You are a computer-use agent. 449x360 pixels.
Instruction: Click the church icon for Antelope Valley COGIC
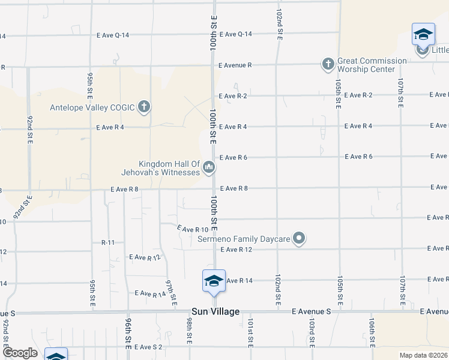pyautogui.click(x=143, y=107)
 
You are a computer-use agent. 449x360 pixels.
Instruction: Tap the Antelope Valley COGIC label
pyautogui.click(x=92, y=108)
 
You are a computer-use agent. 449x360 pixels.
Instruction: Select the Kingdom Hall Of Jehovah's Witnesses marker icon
pyautogui.click(x=209, y=167)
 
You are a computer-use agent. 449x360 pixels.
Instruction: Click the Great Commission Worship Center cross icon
pyautogui.click(x=328, y=64)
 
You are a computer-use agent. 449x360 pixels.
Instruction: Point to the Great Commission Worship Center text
pyautogui.click(x=372, y=65)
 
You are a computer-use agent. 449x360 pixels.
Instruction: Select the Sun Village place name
pyautogui.click(x=215, y=311)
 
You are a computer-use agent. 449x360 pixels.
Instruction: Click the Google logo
pyautogui.click(x=19, y=353)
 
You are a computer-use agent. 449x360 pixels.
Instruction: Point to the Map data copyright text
pyautogui.click(x=423, y=355)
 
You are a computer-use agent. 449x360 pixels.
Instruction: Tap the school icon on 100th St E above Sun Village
pyautogui.click(x=214, y=281)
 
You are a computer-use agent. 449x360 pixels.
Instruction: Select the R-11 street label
pyautogui.click(x=108, y=242)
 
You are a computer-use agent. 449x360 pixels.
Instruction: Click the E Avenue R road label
pyautogui.click(x=235, y=64)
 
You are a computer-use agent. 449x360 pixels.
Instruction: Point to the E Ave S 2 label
pyautogui.click(x=148, y=347)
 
